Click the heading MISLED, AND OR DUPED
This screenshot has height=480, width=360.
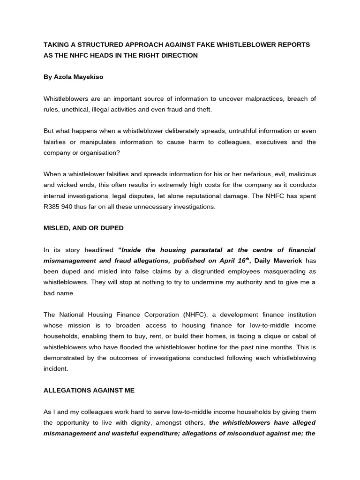(x=83, y=228)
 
